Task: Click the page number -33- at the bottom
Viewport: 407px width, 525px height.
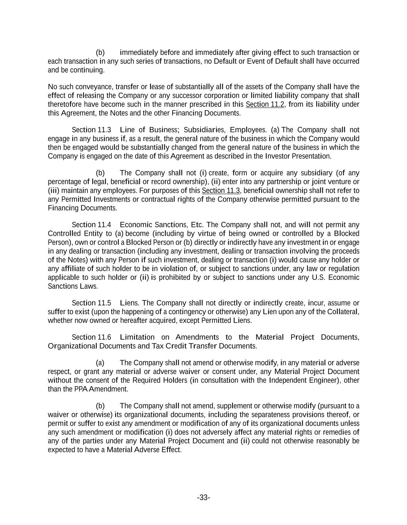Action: [203, 498]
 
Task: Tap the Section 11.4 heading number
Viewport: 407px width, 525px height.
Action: [91, 225]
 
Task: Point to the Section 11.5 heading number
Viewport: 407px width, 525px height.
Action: [91, 303]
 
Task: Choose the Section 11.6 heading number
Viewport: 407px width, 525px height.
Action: [91, 337]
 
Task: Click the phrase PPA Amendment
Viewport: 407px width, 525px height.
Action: [100, 389]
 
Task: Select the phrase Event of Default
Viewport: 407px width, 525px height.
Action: [272, 61]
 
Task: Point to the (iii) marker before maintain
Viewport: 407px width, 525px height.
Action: [54, 190]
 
